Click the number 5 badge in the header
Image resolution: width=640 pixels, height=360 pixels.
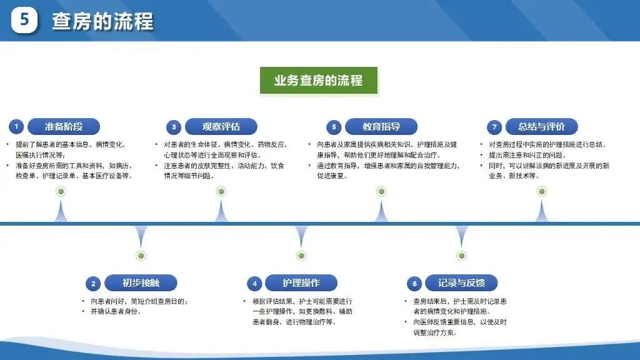point(24,21)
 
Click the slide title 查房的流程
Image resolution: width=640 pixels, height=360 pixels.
point(102,22)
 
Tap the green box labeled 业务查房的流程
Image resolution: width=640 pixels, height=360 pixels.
point(318,81)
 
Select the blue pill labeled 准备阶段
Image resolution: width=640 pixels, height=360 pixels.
point(64,126)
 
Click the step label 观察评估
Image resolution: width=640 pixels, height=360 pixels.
point(221,126)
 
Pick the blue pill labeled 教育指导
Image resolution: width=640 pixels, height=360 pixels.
point(381,126)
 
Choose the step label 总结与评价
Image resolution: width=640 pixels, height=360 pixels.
point(541,126)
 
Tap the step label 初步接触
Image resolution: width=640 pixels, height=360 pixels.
point(141,283)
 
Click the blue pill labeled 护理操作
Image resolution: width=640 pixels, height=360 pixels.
point(301,283)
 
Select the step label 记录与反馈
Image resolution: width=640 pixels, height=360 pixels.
point(461,283)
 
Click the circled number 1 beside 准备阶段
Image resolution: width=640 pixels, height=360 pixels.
point(17,127)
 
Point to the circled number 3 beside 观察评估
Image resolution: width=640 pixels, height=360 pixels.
point(174,127)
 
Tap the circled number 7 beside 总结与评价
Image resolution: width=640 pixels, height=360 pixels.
point(494,127)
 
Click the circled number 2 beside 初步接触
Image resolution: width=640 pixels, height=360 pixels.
point(93,284)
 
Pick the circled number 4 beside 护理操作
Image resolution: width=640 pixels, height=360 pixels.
point(254,284)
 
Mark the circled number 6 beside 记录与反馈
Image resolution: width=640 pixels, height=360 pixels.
point(414,284)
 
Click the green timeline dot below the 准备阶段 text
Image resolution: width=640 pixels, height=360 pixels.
point(61,191)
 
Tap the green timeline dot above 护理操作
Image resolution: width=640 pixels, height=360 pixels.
point(301,255)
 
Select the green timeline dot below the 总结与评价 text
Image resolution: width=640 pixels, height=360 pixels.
point(542,191)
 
